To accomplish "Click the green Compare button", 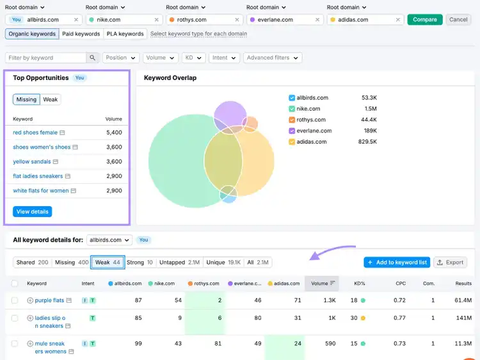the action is pyautogui.click(x=424, y=20).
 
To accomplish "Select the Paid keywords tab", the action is pyautogui.click(x=81, y=34).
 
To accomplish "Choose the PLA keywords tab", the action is pyautogui.click(x=125, y=34).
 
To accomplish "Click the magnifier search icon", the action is pyautogui.click(x=92, y=58).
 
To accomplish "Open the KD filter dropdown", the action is pyautogui.click(x=193, y=58).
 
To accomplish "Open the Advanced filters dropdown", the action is pyautogui.click(x=273, y=58).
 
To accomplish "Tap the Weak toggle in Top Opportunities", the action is pyautogui.click(x=50, y=99).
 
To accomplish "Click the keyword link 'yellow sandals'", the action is pyautogui.click(x=32, y=161).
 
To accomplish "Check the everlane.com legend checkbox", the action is pyautogui.click(x=292, y=131).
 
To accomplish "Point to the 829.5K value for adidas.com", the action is pyautogui.click(x=367, y=142).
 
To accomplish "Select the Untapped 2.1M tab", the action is pyautogui.click(x=179, y=262).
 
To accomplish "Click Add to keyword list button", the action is pyautogui.click(x=397, y=262).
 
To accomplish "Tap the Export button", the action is pyautogui.click(x=450, y=262).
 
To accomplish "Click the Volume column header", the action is pyautogui.click(x=322, y=283).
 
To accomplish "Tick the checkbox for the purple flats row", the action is pyautogui.click(x=14, y=300).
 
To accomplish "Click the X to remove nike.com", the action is pyautogui.click(x=156, y=20).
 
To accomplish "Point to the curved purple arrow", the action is pyautogui.click(x=331, y=250).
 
